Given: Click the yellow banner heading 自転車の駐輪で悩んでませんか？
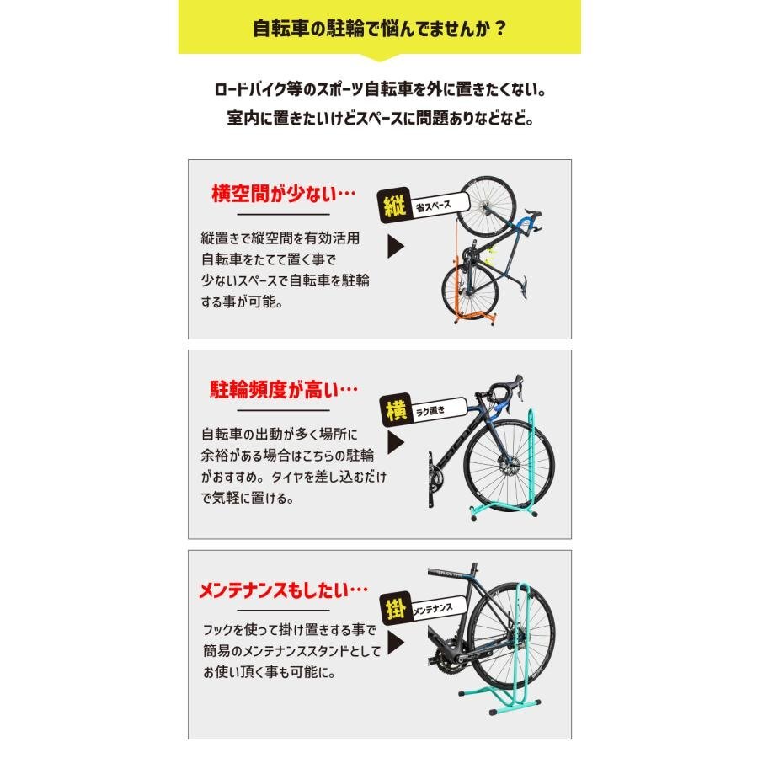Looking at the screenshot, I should tap(379, 28).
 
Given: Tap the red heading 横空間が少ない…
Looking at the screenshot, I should tap(283, 194).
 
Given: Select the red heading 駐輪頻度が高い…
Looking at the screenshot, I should tap(283, 389).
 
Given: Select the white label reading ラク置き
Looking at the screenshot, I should tap(437, 411).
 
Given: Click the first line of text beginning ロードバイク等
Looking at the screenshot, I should tap(379, 88).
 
